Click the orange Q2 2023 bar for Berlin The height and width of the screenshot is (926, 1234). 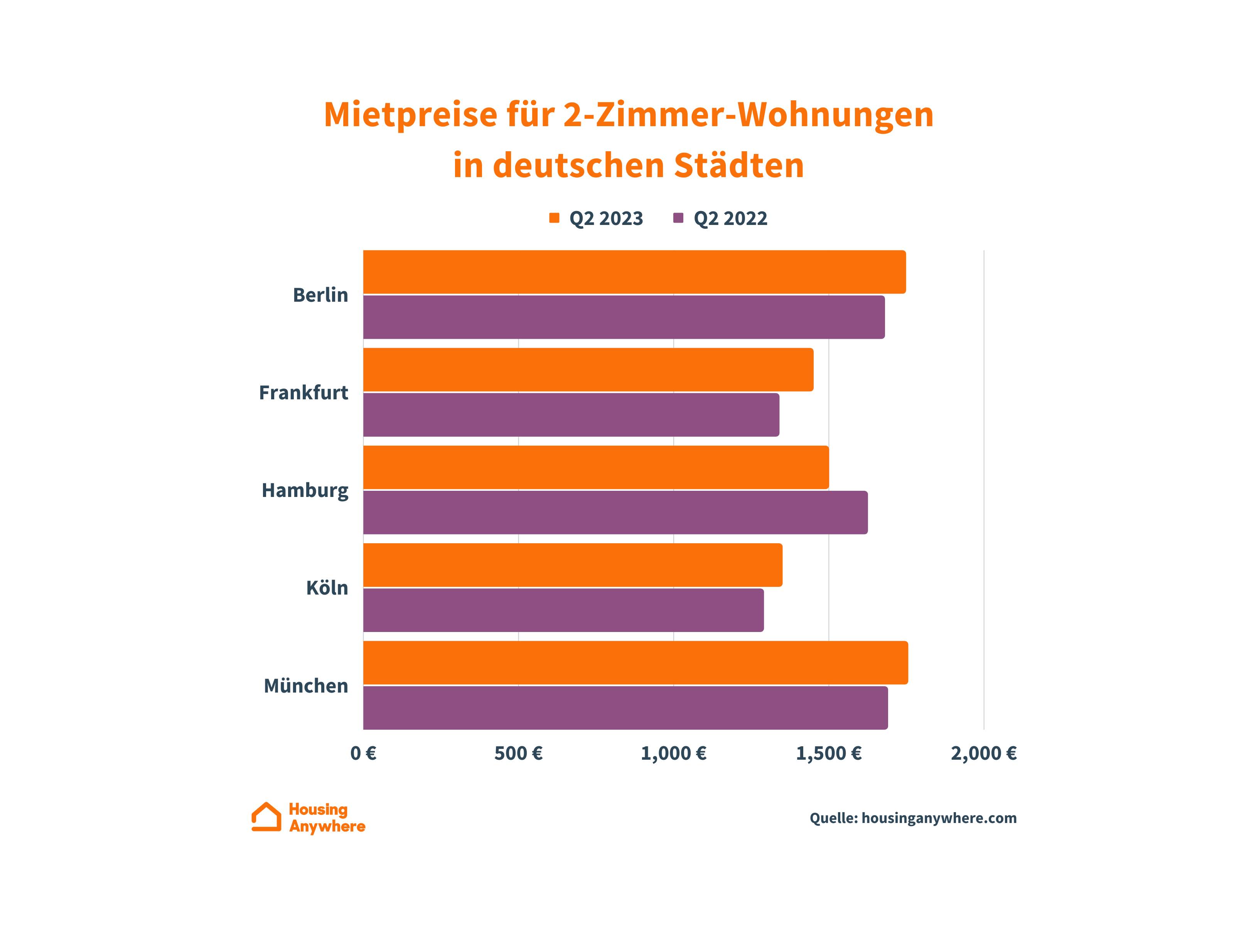[x=634, y=272]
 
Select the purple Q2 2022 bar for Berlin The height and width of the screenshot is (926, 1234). [x=624, y=317]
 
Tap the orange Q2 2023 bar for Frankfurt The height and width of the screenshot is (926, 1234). [x=588, y=370]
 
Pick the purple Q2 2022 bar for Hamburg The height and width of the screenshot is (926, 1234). [x=615, y=512]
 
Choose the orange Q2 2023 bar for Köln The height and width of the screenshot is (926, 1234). [x=572, y=565]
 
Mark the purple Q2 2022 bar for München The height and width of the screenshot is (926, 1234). [x=625, y=708]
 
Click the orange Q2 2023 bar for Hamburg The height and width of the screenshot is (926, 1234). [x=596, y=467]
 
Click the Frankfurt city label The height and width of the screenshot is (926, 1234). [x=303, y=392]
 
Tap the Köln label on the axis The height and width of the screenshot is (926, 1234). [x=327, y=588]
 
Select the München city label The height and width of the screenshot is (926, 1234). [x=306, y=685]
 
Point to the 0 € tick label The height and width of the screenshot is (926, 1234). [x=363, y=754]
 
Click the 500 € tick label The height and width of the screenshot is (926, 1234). [x=518, y=754]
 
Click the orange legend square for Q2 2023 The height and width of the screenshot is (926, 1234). [x=554, y=218]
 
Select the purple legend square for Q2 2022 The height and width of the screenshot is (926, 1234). [x=678, y=218]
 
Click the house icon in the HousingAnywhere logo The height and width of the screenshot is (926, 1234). [x=266, y=817]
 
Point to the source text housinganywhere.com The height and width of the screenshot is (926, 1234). [x=939, y=818]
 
